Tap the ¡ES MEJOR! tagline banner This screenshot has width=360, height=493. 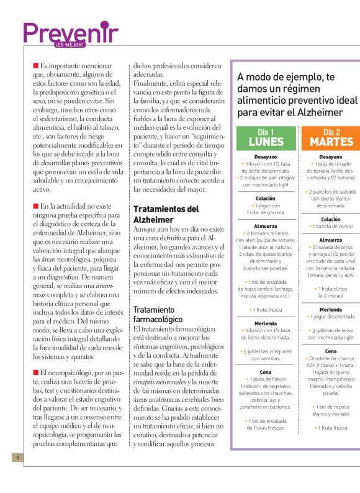click(69, 45)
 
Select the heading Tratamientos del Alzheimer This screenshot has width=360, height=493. click(166, 214)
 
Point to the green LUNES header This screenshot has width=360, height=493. click(266, 137)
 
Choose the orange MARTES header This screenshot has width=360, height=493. click(331, 137)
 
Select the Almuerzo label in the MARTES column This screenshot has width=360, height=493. click(330, 240)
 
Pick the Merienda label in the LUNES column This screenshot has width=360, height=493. click(266, 323)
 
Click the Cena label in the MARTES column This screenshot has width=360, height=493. click(330, 351)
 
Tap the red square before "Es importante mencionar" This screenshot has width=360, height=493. click(35, 65)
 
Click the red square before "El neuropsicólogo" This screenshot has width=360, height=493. click(35, 372)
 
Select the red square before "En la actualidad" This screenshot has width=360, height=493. click(35, 206)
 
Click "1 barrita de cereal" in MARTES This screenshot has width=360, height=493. click(330, 227)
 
